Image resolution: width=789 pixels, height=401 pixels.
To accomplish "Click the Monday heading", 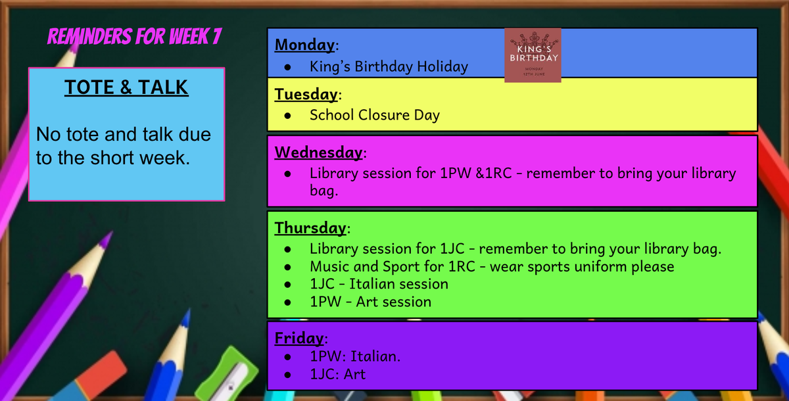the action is point(304,45).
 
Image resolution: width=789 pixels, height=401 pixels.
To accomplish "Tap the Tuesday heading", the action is point(306,95).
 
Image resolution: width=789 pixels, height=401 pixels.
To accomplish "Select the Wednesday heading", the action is point(318,153).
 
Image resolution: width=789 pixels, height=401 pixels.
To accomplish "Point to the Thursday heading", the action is point(310,228).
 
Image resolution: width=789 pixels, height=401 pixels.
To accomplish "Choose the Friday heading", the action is point(299,339).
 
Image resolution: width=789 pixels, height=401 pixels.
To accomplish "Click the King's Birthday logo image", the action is point(533,55).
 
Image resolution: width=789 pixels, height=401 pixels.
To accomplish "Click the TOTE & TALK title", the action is point(126,87).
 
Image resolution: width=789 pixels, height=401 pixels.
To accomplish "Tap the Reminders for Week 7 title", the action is point(135,36).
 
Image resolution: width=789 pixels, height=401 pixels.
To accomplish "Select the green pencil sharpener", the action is point(227,375).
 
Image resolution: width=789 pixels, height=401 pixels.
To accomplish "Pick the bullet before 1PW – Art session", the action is point(288,302).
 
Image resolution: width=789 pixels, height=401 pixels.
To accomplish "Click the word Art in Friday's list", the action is point(354,374).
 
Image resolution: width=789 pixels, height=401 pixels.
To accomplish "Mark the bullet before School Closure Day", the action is point(288,116).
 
